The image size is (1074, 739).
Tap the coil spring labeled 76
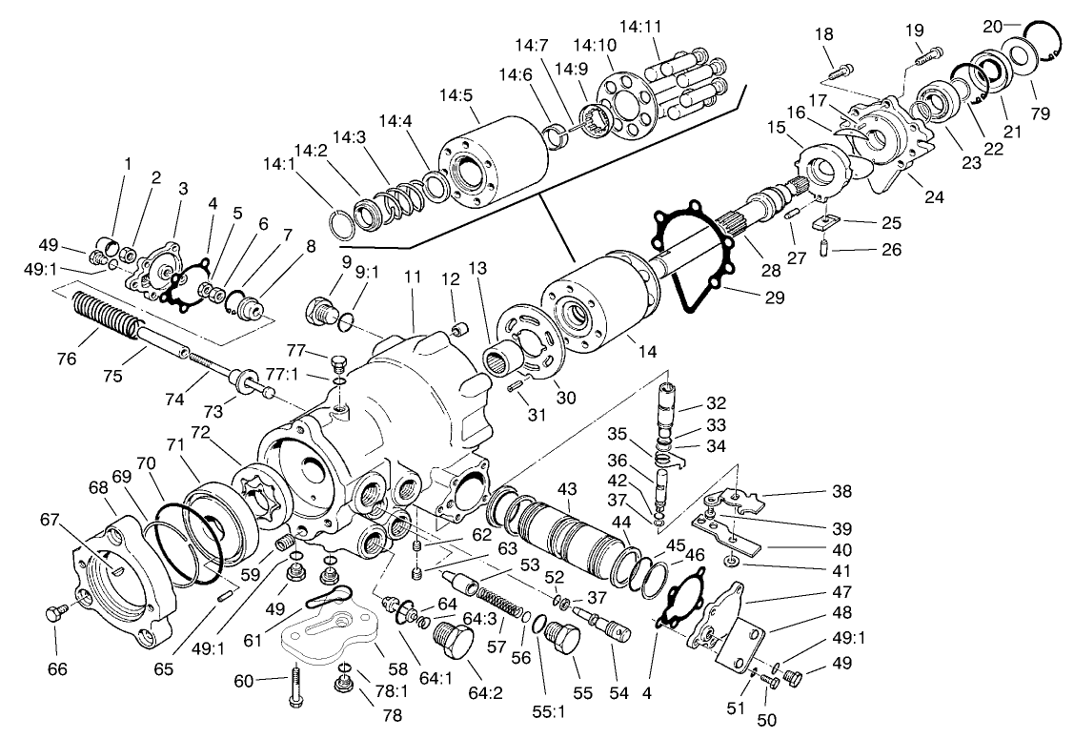[x=103, y=312]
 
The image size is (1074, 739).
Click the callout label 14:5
[x=457, y=94]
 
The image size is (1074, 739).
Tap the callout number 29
[x=774, y=298]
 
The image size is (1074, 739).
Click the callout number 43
[x=567, y=489]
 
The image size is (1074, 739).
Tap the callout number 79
[x=1040, y=114]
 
